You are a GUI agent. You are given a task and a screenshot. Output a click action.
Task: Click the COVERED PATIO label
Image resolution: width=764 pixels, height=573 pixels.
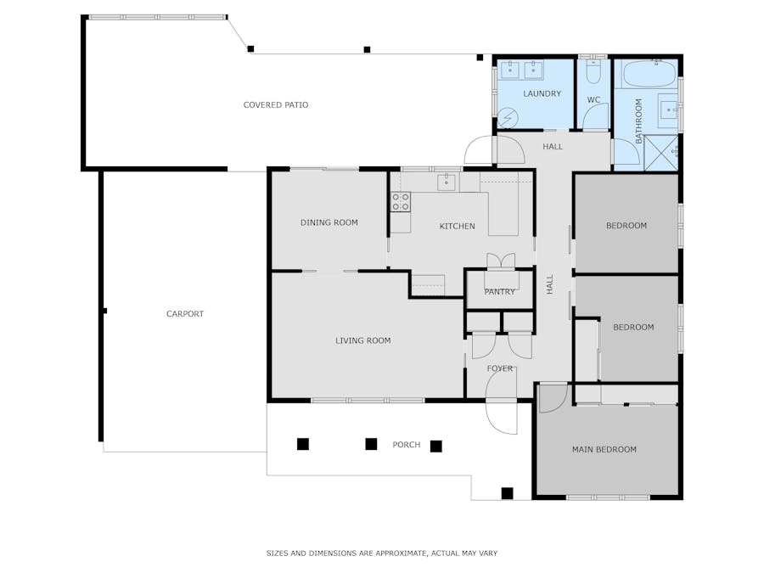tap(276, 104)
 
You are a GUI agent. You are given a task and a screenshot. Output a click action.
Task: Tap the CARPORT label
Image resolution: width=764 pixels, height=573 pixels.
tap(185, 314)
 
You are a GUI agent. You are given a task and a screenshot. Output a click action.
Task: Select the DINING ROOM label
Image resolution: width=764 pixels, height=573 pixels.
tap(329, 222)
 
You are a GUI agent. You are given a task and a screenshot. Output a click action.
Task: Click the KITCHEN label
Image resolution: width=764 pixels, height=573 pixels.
tap(457, 226)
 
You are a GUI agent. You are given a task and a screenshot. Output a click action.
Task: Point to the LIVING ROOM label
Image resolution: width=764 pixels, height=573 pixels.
tap(363, 340)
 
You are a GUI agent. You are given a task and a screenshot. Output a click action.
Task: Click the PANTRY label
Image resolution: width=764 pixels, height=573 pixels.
tap(499, 291)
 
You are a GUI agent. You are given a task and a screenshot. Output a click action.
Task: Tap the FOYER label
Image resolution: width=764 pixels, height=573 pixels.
tap(500, 368)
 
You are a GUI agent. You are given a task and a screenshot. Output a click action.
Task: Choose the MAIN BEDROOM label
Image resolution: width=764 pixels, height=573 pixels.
tap(604, 449)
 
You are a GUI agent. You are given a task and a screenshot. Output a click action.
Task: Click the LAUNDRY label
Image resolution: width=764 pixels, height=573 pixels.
tap(542, 93)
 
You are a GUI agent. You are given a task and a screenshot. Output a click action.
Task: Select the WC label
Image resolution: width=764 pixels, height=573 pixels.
tap(593, 100)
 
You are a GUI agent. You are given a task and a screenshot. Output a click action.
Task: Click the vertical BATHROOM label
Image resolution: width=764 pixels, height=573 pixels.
tap(638, 121)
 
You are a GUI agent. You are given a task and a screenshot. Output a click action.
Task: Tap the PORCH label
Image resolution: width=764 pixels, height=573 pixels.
tap(407, 444)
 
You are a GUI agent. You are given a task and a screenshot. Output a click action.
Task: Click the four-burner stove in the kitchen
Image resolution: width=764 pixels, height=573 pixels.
tap(401, 202)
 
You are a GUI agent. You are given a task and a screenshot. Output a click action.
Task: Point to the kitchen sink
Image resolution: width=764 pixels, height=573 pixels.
tap(447, 183)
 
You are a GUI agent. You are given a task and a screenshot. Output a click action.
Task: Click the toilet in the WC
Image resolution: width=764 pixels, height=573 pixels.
tap(593, 71)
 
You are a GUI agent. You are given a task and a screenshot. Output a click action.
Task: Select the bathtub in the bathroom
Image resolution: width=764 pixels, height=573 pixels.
tap(650, 74)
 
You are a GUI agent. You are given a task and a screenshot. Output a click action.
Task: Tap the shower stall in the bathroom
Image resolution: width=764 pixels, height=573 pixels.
tap(661, 153)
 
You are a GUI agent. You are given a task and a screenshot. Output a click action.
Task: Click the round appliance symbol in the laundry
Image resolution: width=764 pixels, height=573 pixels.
tap(508, 118)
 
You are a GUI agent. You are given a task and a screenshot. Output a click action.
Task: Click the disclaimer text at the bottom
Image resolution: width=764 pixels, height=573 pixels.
tap(381, 553)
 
